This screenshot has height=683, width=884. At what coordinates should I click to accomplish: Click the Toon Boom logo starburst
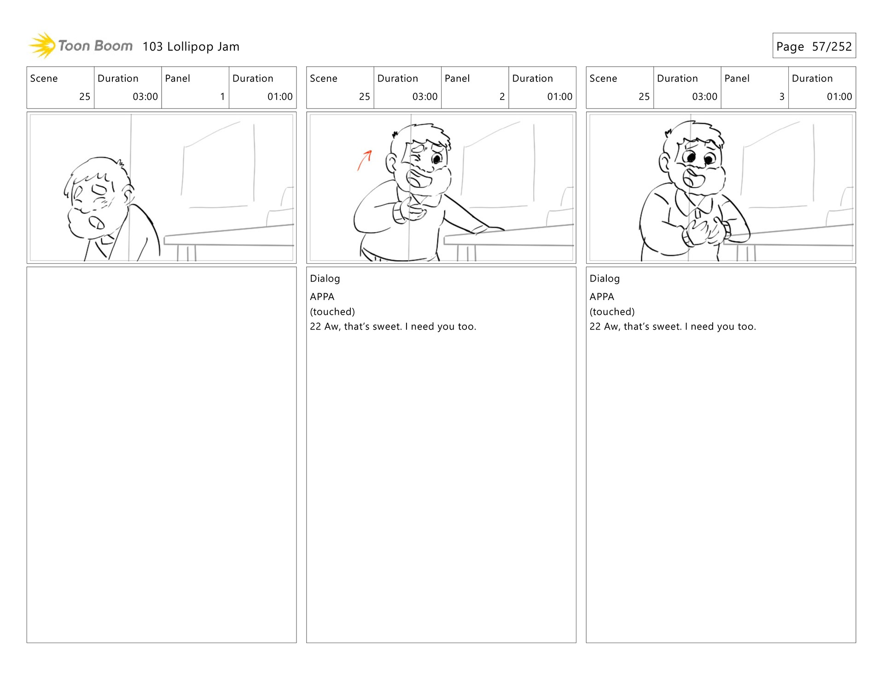point(42,46)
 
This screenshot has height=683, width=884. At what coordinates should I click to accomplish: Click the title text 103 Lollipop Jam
point(191,46)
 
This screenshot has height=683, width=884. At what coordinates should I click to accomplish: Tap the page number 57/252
point(832,46)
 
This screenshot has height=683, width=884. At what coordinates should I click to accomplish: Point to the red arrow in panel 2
point(365,160)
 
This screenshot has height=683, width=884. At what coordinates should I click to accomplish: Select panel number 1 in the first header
point(222,97)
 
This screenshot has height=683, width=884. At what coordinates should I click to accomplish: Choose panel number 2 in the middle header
point(502,97)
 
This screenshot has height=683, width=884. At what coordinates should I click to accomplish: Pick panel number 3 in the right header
point(781,97)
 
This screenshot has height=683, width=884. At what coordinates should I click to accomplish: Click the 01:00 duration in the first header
point(280,97)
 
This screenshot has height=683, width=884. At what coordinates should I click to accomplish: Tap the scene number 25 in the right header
point(644,97)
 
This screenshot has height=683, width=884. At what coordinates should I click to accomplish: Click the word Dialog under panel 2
point(325,278)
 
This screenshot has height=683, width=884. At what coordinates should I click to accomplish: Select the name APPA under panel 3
point(602,297)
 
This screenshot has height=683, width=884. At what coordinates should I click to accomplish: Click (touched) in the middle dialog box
point(332,312)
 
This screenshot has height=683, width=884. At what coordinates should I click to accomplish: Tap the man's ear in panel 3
point(664,162)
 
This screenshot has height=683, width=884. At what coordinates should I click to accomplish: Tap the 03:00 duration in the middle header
point(425,97)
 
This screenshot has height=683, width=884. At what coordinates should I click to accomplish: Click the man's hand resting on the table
point(488,229)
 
